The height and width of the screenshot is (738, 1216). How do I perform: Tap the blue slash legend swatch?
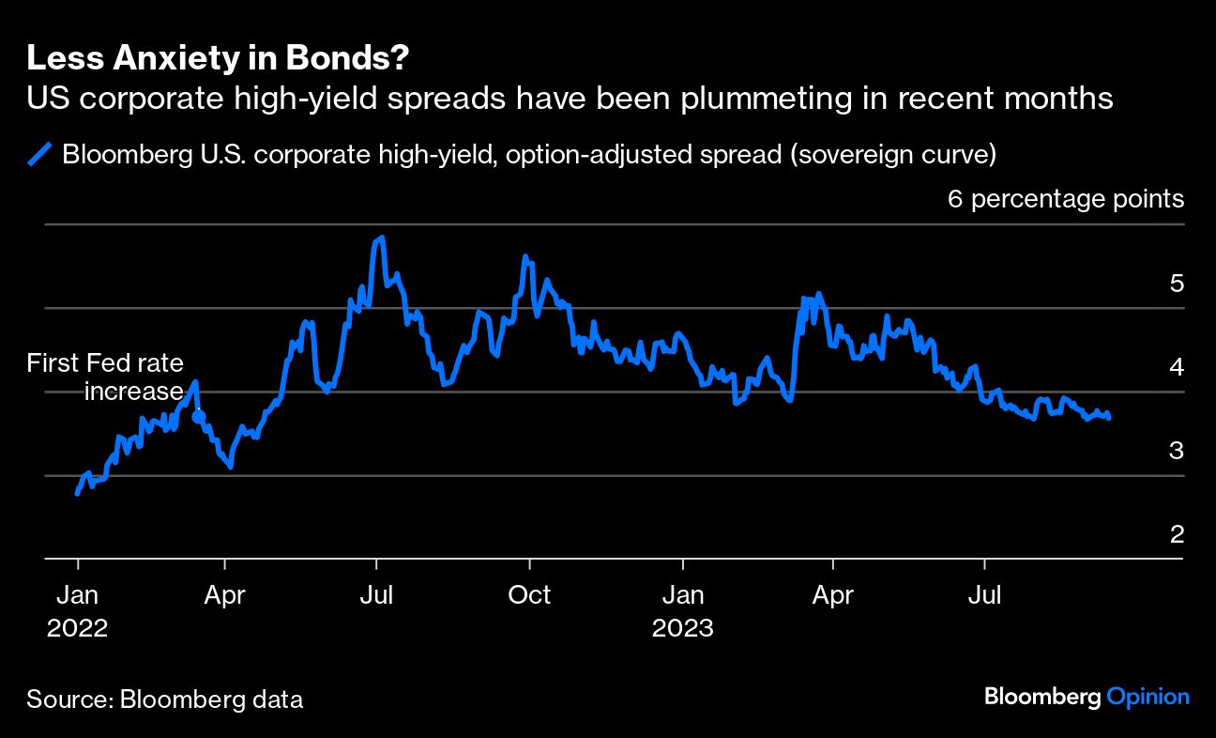pos(40,154)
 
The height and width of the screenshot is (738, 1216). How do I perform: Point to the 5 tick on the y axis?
pos(1177,284)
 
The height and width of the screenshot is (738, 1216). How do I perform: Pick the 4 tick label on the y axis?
pos(1177,367)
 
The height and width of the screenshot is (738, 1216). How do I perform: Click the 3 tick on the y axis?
pos(1177,451)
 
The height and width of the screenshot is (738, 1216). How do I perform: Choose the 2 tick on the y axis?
pos(1177,534)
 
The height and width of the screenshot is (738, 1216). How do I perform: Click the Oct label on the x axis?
pos(530,595)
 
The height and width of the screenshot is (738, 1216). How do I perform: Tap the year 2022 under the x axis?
pos(77,627)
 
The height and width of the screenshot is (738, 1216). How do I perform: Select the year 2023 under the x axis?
pos(683,627)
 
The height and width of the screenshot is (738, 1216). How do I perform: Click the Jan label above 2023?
pos(683,595)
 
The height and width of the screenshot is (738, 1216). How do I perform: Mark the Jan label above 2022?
pos(77,595)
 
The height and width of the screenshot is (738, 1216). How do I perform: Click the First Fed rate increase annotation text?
pos(105,377)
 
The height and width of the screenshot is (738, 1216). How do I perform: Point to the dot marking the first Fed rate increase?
pos(198,416)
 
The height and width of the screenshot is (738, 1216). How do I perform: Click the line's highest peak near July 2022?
pos(381,238)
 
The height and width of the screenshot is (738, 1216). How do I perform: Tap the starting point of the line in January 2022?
pos(77,492)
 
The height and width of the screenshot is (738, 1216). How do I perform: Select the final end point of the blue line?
pos(1109,417)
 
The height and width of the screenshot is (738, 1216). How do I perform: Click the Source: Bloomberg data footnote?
pos(164,699)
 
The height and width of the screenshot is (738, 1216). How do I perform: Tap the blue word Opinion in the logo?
pos(1148,697)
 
